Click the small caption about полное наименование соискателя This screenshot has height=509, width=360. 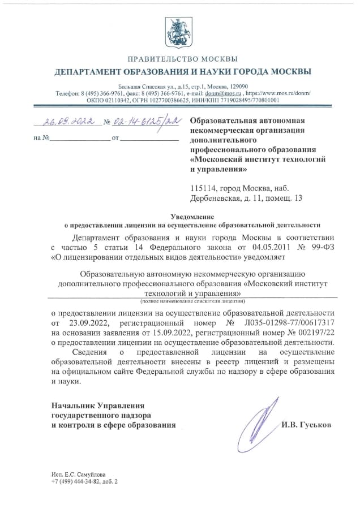192,302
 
